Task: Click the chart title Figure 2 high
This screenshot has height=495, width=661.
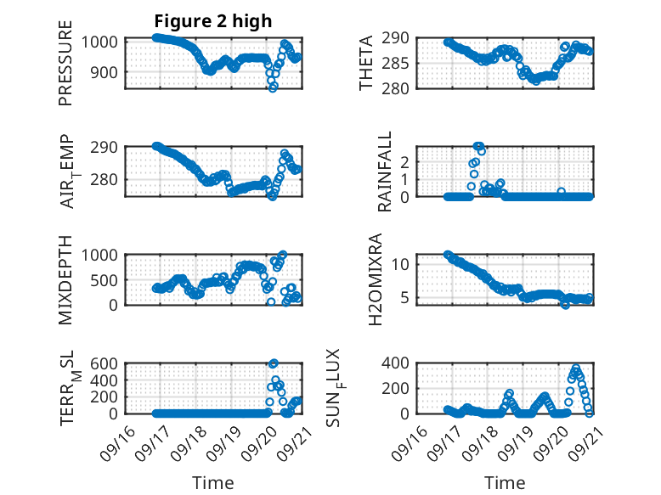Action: [212, 21]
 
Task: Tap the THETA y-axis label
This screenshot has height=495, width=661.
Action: [367, 64]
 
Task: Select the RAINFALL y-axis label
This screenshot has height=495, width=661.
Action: [385, 171]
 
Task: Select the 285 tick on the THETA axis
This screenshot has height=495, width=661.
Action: [402, 63]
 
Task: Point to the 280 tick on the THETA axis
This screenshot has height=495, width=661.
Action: [402, 88]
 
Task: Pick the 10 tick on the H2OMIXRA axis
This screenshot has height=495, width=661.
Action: [406, 264]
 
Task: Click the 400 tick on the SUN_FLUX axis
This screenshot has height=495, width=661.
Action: [402, 363]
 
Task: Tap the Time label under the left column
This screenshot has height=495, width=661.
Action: [212, 483]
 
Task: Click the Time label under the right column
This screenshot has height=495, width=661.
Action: [505, 483]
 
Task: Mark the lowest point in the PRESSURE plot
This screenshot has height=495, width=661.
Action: [273, 87]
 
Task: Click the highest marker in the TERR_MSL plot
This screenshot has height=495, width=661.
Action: [273, 363]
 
